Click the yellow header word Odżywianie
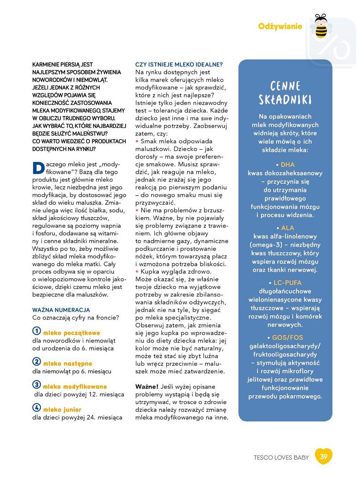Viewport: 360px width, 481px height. (x=280, y=26)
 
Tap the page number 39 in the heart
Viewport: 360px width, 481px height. (x=324, y=456)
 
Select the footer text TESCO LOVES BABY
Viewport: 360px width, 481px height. (x=281, y=457)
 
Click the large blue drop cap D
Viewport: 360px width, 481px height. (x=38, y=168)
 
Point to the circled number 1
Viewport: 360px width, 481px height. (x=36, y=331)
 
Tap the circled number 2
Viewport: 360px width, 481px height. (x=36, y=361)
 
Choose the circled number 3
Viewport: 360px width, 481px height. (x=36, y=384)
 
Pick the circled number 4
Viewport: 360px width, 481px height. (x=36, y=407)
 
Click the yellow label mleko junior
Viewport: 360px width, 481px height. (x=62, y=410)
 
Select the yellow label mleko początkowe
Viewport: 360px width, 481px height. (x=71, y=333)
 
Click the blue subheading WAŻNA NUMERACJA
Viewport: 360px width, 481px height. (x=61, y=310)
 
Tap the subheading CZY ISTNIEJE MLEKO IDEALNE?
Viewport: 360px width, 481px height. (x=179, y=65)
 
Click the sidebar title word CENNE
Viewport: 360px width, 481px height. (x=285, y=86)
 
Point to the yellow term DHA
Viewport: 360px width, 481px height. (x=288, y=165)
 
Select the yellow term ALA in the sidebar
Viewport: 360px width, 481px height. (x=288, y=228)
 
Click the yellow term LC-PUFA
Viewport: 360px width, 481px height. (x=287, y=283)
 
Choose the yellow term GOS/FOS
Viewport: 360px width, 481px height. (x=287, y=337)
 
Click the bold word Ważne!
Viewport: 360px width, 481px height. (x=147, y=387)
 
